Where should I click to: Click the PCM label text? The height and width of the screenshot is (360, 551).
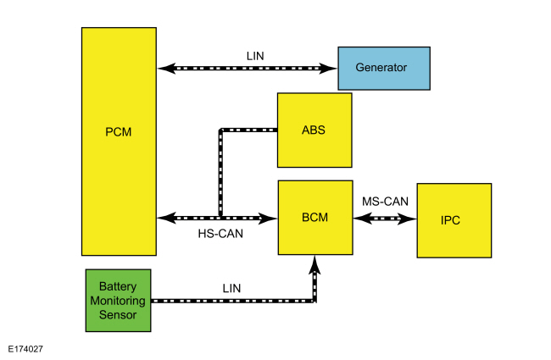[119, 132]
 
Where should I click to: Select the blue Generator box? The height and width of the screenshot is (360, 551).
[384, 69]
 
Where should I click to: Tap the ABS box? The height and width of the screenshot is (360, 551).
[314, 130]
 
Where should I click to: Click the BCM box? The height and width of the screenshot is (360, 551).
[315, 218]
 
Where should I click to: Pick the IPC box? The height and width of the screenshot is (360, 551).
[454, 220]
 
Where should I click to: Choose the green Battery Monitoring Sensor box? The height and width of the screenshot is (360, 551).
[118, 301]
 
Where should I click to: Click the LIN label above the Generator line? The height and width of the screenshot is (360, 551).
[255, 56]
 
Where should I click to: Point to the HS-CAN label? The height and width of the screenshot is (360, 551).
[220, 234]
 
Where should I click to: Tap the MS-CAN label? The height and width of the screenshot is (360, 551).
[385, 202]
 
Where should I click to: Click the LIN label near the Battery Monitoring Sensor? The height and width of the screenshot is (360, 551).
[231, 288]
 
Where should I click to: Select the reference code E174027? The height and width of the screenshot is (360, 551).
[25, 349]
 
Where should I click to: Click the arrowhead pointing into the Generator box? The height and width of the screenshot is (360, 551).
[328, 68]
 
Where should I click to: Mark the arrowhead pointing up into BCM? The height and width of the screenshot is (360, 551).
[314, 264]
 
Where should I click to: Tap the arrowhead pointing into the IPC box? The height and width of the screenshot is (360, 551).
[407, 219]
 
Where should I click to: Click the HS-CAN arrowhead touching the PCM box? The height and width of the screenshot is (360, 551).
[166, 218]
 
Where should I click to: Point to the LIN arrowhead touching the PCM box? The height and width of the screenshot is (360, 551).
[166, 68]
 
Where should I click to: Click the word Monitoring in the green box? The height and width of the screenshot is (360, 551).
[118, 301]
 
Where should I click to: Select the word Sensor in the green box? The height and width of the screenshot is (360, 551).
[118, 315]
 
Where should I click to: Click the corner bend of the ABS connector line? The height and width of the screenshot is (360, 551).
[220, 130]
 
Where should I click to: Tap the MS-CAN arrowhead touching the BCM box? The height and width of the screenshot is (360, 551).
[363, 219]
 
